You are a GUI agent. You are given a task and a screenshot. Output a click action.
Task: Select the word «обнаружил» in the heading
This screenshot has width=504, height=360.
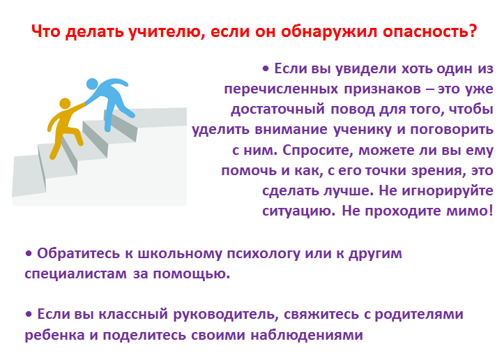[329, 31]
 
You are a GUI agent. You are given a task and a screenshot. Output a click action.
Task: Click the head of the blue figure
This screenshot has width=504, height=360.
[92, 84]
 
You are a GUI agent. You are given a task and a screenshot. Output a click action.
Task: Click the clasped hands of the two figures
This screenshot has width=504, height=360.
[85, 103]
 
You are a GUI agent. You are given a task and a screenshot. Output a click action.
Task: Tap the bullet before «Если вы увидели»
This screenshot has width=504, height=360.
[266, 68]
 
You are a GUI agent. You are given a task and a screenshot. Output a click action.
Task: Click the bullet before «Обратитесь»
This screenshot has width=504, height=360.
[29, 253]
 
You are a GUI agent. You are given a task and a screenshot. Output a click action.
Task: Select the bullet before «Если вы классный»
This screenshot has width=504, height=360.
[29, 314]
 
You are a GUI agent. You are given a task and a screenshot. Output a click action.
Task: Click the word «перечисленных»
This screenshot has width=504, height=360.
[281, 89]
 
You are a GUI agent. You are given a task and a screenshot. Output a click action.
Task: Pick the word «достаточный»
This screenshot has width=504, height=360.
[277, 110]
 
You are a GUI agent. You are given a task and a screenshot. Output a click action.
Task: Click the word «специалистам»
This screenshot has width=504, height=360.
[75, 273]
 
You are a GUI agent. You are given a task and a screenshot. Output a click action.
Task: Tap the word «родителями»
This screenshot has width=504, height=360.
[419, 314]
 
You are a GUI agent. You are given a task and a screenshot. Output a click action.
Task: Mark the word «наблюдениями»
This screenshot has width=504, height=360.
[307, 335]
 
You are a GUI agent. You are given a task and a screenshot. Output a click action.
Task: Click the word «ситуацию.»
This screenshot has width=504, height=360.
[298, 211]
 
